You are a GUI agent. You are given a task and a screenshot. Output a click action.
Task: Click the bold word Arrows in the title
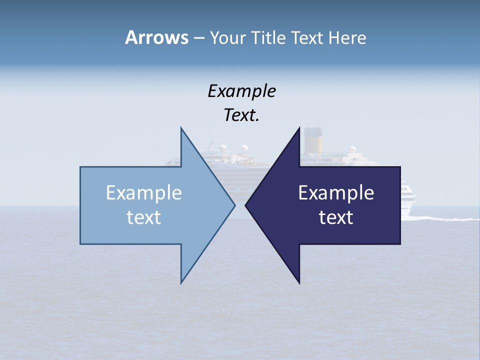tap(156, 37)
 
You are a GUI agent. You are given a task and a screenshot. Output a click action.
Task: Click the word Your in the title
tap(228, 37)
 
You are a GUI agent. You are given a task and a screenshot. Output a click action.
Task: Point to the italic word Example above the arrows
tap(241, 91)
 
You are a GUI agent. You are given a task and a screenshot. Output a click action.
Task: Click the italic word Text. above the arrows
tap(241, 115)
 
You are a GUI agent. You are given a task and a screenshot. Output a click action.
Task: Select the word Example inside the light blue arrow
tap(144, 193)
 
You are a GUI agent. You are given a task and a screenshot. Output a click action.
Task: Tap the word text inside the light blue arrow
tap(144, 217)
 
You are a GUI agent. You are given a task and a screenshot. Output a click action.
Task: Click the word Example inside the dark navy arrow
tap(336, 193)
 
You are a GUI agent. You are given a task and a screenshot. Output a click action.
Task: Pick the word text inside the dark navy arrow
tap(336, 217)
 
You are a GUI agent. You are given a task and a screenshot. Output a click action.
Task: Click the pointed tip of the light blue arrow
tap(234, 205)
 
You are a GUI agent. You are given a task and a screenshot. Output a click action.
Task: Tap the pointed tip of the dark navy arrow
tap(245, 205)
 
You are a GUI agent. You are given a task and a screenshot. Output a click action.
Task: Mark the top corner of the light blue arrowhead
tap(181, 128)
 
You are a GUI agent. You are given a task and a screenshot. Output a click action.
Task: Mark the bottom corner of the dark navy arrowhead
tap(299, 283)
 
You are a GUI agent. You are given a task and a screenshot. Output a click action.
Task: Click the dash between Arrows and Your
tap(198, 38)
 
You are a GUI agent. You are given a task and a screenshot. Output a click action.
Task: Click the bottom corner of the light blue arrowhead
tap(181, 282)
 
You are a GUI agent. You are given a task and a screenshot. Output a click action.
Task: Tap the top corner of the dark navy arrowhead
tap(299, 128)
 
